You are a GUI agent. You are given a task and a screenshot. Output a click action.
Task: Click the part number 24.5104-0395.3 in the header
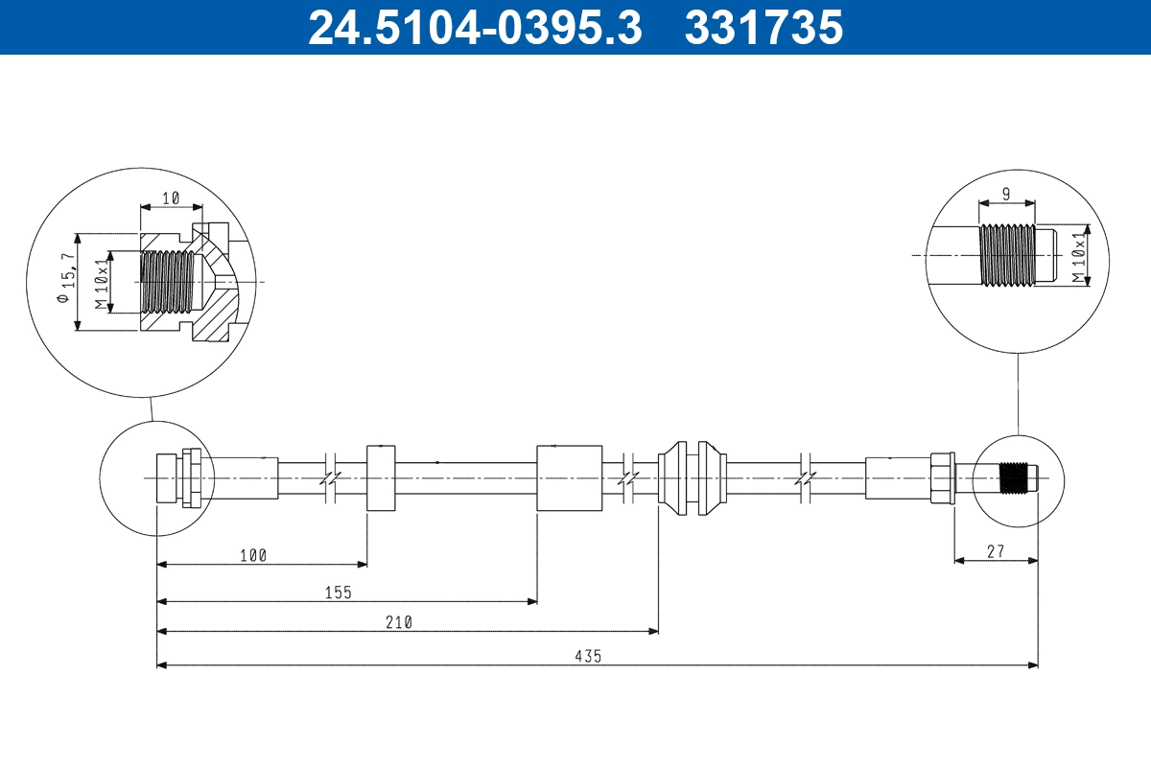(474, 27)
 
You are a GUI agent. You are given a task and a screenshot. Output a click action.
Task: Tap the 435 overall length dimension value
(588, 656)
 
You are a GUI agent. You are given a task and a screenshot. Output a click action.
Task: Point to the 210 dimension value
(399, 622)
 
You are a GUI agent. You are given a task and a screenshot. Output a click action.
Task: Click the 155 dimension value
(339, 593)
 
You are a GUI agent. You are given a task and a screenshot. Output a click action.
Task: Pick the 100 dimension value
(253, 555)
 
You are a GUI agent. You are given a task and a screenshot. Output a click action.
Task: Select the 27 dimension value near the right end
(996, 551)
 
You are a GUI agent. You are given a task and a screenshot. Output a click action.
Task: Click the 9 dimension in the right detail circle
(1005, 194)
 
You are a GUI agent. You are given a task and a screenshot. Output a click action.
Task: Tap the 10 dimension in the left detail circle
(171, 198)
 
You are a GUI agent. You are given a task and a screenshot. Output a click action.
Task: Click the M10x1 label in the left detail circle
(101, 283)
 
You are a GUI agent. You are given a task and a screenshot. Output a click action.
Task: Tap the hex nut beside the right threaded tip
(942, 477)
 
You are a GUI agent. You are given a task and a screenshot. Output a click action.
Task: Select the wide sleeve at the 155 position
(569, 477)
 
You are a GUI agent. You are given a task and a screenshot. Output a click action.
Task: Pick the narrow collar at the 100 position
(381, 477)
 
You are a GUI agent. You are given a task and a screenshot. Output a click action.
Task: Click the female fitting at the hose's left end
(178, 477)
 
